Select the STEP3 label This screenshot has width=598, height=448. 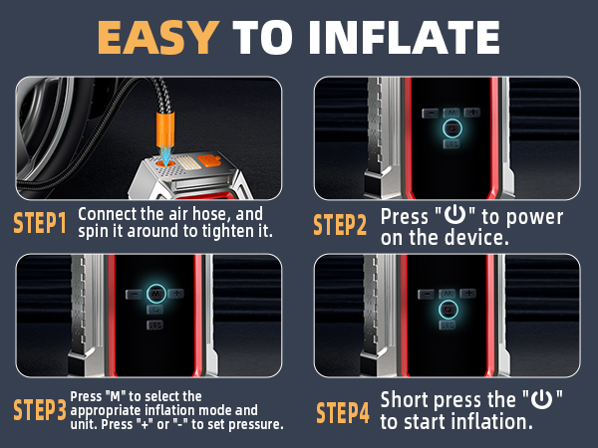click(40, 409)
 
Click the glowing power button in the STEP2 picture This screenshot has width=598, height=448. click(451, 129)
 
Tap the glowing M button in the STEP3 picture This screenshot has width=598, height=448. click(156, 293)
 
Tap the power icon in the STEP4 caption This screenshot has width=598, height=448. click(540, 399)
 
